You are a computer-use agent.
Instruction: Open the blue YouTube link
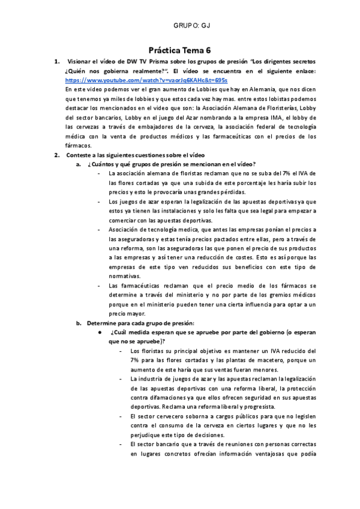coord(137,80)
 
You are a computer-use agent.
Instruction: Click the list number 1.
coord(56,62)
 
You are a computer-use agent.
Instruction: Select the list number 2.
coord(56,155)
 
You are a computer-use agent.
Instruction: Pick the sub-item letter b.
coord(77,322)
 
